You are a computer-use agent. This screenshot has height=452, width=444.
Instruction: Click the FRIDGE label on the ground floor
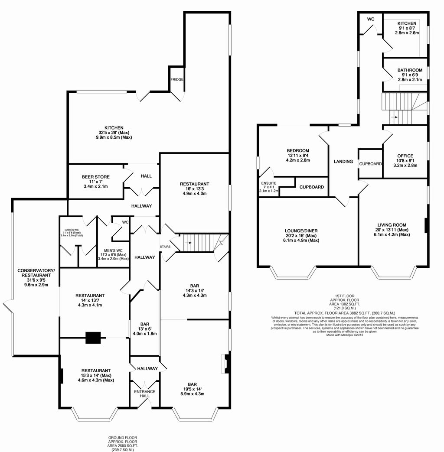coord(177,80)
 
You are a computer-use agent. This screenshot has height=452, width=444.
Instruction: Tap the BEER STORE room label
coord(96,177)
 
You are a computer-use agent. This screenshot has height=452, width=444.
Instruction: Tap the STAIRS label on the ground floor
coord(166,247)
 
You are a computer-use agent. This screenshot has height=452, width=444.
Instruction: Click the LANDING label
coord(343,161)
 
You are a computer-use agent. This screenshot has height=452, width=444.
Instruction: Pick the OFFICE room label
coord(405,156)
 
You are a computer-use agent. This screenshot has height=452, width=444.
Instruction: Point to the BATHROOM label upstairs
coord(410,70)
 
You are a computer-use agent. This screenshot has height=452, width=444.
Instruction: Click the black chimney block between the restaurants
coord(94,338)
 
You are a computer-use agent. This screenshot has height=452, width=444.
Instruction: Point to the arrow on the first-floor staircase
coord(394,117)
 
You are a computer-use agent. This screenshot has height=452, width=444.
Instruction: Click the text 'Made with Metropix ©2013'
coord(345,335)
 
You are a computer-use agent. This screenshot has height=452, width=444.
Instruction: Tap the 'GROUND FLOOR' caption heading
coord(123,438)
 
